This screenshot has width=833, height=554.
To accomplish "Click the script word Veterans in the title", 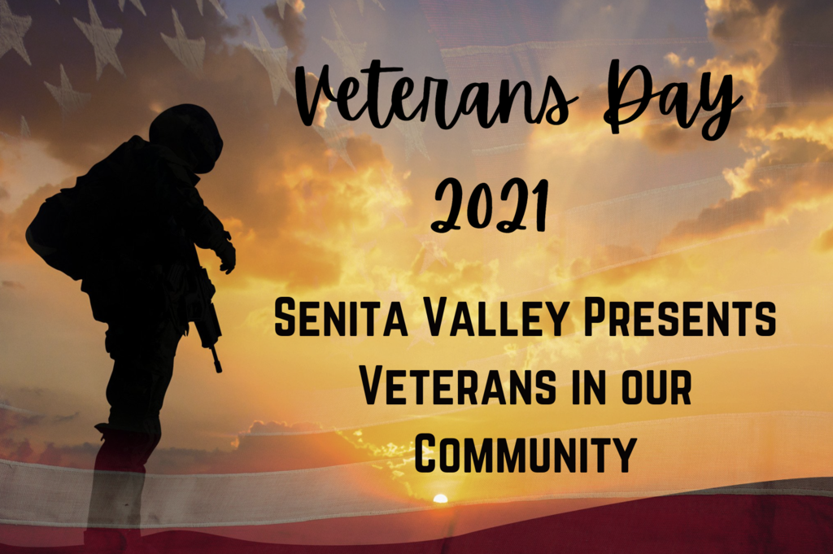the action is coord(436,96).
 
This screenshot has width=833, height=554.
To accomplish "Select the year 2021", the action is coord(490,207).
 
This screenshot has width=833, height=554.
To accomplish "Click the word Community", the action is coord(525,455).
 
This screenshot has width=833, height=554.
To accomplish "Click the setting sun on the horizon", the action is coord(440,498).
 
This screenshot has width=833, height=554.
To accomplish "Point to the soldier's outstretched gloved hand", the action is coord(226,255).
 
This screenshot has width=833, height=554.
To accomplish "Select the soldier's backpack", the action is coord(59,229).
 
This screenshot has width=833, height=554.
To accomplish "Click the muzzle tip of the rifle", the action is coord(218,369).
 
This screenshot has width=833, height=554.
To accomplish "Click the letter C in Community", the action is coord(426,455).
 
